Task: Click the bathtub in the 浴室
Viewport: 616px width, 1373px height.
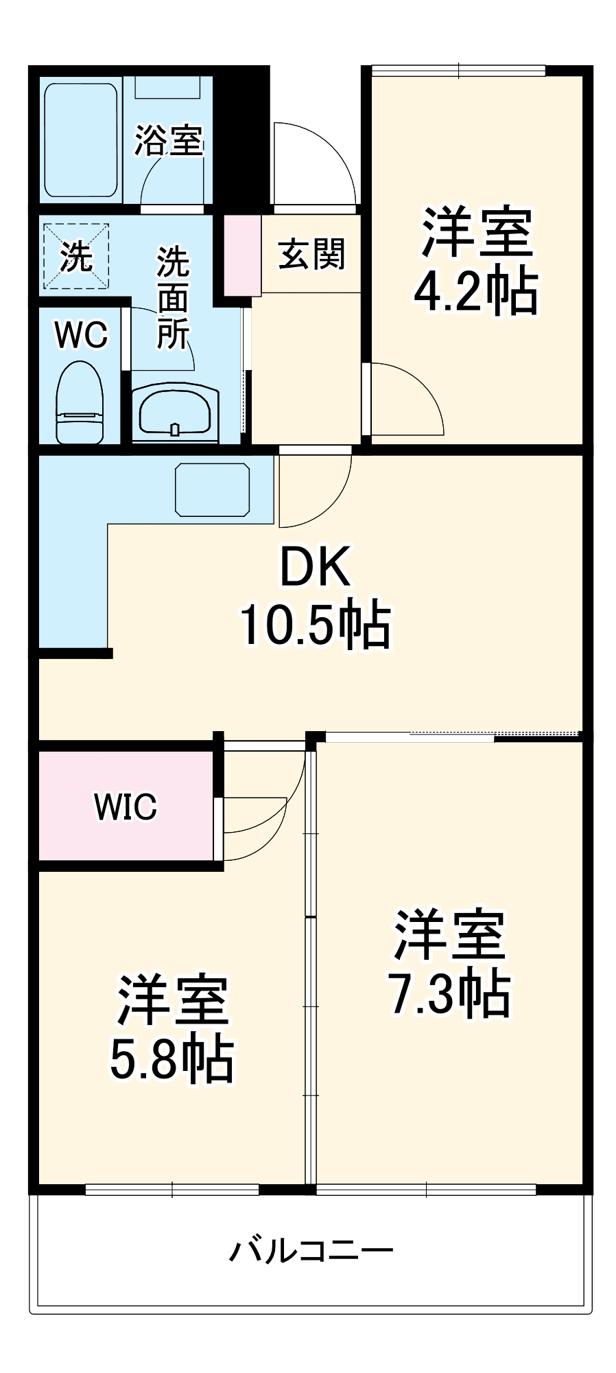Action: coord(80,140)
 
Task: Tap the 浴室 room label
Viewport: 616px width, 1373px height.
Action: coord(168,140)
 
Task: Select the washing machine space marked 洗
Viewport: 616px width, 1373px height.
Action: coord(76,256)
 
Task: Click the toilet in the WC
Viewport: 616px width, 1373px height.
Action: coord(79,403)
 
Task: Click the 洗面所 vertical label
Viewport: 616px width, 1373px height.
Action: coord(173,298)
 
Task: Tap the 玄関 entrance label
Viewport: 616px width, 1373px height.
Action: coord(311,255)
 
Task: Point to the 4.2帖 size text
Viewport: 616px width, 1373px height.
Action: coord(476,292)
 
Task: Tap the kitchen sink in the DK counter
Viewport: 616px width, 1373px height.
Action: coord(213,489)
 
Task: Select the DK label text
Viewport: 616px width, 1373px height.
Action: coord(316,566)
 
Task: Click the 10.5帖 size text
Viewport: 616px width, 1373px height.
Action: coord(316,625)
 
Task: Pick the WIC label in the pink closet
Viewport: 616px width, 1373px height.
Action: coord(126,807)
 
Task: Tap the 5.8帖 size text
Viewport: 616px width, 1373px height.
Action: coord(172,1059)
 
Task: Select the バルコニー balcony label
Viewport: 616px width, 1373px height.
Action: coord(311,1251)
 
